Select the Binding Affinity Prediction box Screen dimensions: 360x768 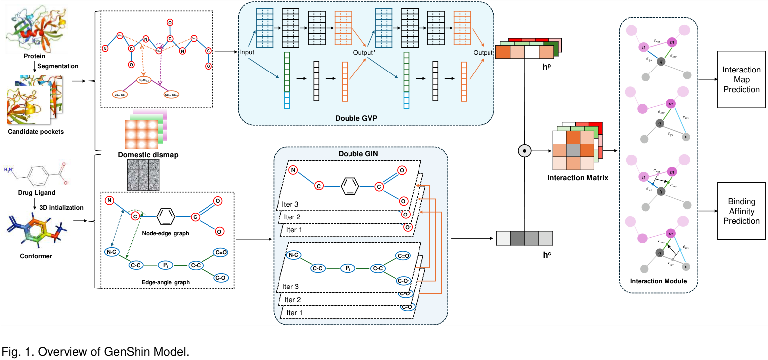click(x=741, y=211)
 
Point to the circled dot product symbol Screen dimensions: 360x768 click(x=522, y=149)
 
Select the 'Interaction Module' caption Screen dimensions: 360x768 click(x=658, y=281)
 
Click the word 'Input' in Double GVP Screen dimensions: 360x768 click(x=247, y=52)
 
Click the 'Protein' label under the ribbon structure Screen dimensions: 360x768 click(x=35, y=56)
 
